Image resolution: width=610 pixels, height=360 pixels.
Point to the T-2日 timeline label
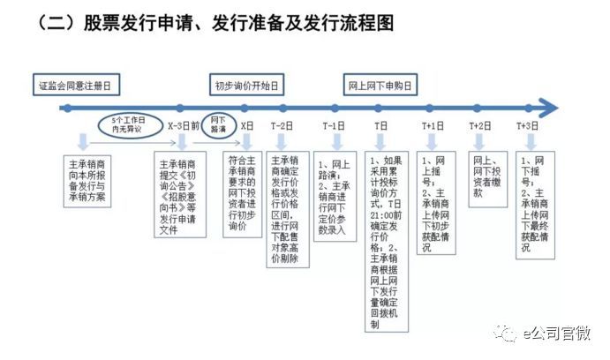[282, 126]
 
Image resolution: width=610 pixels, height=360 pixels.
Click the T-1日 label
[334, 126]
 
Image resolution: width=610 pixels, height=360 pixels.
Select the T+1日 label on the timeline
[433, 126]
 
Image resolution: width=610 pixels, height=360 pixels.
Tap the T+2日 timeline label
[480, 126]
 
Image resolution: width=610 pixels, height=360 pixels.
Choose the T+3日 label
[528, 126]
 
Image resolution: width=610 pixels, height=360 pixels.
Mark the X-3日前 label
[184, 126]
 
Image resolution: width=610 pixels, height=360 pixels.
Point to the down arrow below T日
[380, 142]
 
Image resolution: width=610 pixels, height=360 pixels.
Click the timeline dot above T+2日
[478, 108]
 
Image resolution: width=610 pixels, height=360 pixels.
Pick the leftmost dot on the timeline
[68, 108]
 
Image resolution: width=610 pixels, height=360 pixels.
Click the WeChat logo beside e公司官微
[505, 334]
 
